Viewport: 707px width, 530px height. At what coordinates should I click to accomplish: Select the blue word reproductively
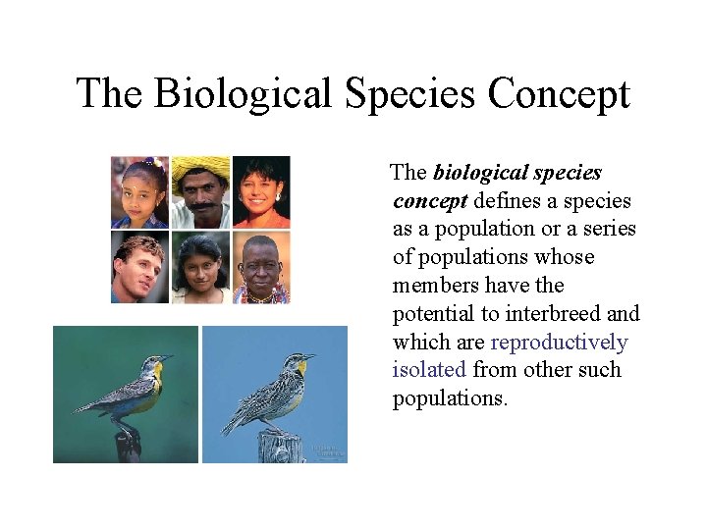[x=559, y=343]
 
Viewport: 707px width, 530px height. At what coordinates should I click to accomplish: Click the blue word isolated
[x=429, y=370]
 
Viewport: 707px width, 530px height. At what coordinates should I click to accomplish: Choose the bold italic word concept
[x=430, y=201]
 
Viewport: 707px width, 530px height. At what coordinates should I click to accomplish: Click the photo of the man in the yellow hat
[x=201, y=191]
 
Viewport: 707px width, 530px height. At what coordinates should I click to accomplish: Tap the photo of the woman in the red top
[x=261, y=191]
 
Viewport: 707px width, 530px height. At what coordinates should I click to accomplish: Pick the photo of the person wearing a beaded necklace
[x=261, y=268]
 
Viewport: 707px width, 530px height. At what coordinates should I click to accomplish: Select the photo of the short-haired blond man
[x=139, y=268]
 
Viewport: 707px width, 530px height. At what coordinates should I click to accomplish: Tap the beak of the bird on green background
[x=168, y=357]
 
